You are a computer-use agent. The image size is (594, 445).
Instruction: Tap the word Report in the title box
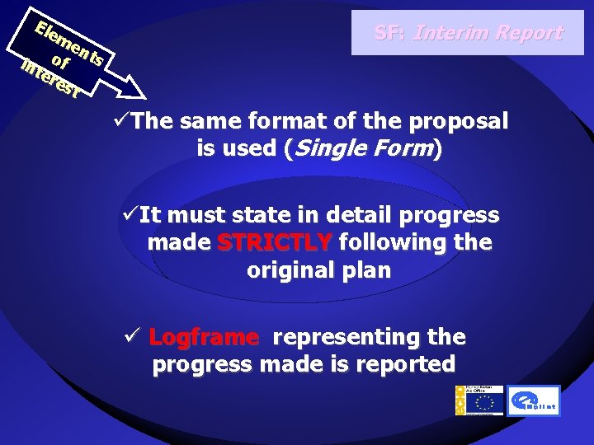[529, 33]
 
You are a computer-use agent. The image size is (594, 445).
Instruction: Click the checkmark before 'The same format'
[123, 122]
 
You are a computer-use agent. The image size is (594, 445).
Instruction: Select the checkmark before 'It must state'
[130, 216]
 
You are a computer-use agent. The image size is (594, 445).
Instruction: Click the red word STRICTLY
[274, 243]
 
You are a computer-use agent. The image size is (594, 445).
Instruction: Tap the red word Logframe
[204, 338]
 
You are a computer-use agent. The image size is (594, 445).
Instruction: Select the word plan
[364, 270]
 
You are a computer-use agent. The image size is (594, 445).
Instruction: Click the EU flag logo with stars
[483, 400]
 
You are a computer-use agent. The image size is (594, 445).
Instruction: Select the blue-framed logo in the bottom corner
[533, 400]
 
